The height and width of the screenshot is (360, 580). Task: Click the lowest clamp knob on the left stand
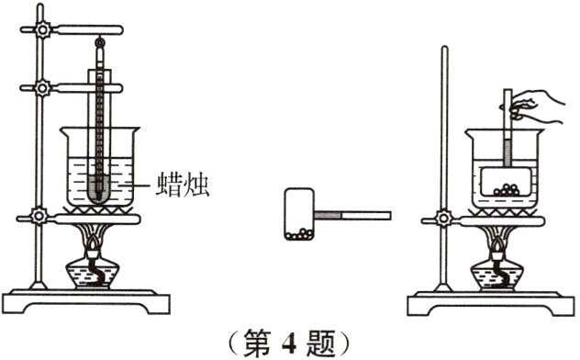click(x=39, y=218)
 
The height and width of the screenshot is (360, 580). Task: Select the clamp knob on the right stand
click(x=444, y=219)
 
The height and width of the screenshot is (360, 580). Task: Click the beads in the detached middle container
click(x=299, y=233)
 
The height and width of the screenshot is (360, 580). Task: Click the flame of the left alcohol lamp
click(x=95, y=241)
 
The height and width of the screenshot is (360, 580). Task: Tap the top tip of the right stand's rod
click(x=444, y=49)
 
